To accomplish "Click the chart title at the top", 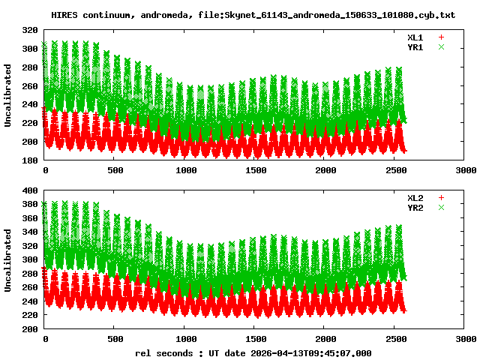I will (x=253, y=15).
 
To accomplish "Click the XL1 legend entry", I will (x=415, y=37).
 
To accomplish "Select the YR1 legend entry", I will (x=415, y=46).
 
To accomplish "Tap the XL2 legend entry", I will (x=415, y=198).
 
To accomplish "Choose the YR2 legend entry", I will (x=415, y=207).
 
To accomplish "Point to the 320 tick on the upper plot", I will (x=30, y=30).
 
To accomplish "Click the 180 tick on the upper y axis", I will (x=30, y=160).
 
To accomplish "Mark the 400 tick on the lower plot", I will (x=30, y=190).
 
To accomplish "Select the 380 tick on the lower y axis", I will (x=30, y=205).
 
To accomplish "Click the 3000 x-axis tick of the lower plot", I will (x=465, y=339).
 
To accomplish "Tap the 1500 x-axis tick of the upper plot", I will (x=255, y=170).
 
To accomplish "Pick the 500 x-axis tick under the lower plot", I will (x=115, y=339).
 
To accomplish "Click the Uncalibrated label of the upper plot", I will (x=8, y=95).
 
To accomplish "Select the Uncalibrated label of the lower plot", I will (x=8, y=260).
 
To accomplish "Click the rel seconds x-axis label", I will (x=253, y=352).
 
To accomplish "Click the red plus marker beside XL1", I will (x=442, y=37).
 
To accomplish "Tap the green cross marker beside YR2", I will (x=442, y=207).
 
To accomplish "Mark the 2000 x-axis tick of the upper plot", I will (x=325, y=170).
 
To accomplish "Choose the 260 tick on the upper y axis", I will (x=30, y=85).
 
